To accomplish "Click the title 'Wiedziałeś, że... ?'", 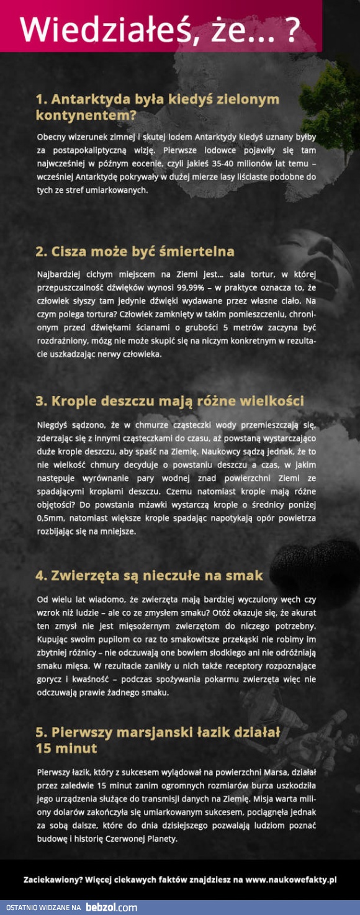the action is click(160, 29).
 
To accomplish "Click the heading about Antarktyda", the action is click(158, 107).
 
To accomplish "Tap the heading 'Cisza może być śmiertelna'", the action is click(135, 251).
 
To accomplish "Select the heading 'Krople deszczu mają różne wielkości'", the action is click(169, 401).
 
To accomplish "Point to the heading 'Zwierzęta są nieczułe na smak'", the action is click(149, 575).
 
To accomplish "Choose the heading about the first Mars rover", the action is click(158, 740).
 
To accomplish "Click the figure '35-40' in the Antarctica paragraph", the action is click(229, 164).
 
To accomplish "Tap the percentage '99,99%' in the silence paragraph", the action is click(202, 287).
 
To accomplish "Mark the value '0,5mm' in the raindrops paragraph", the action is click(50, 518).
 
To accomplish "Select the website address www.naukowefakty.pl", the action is click(290, 879).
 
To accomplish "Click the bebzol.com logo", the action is click(111, 907).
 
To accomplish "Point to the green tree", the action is click(332, 106).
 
